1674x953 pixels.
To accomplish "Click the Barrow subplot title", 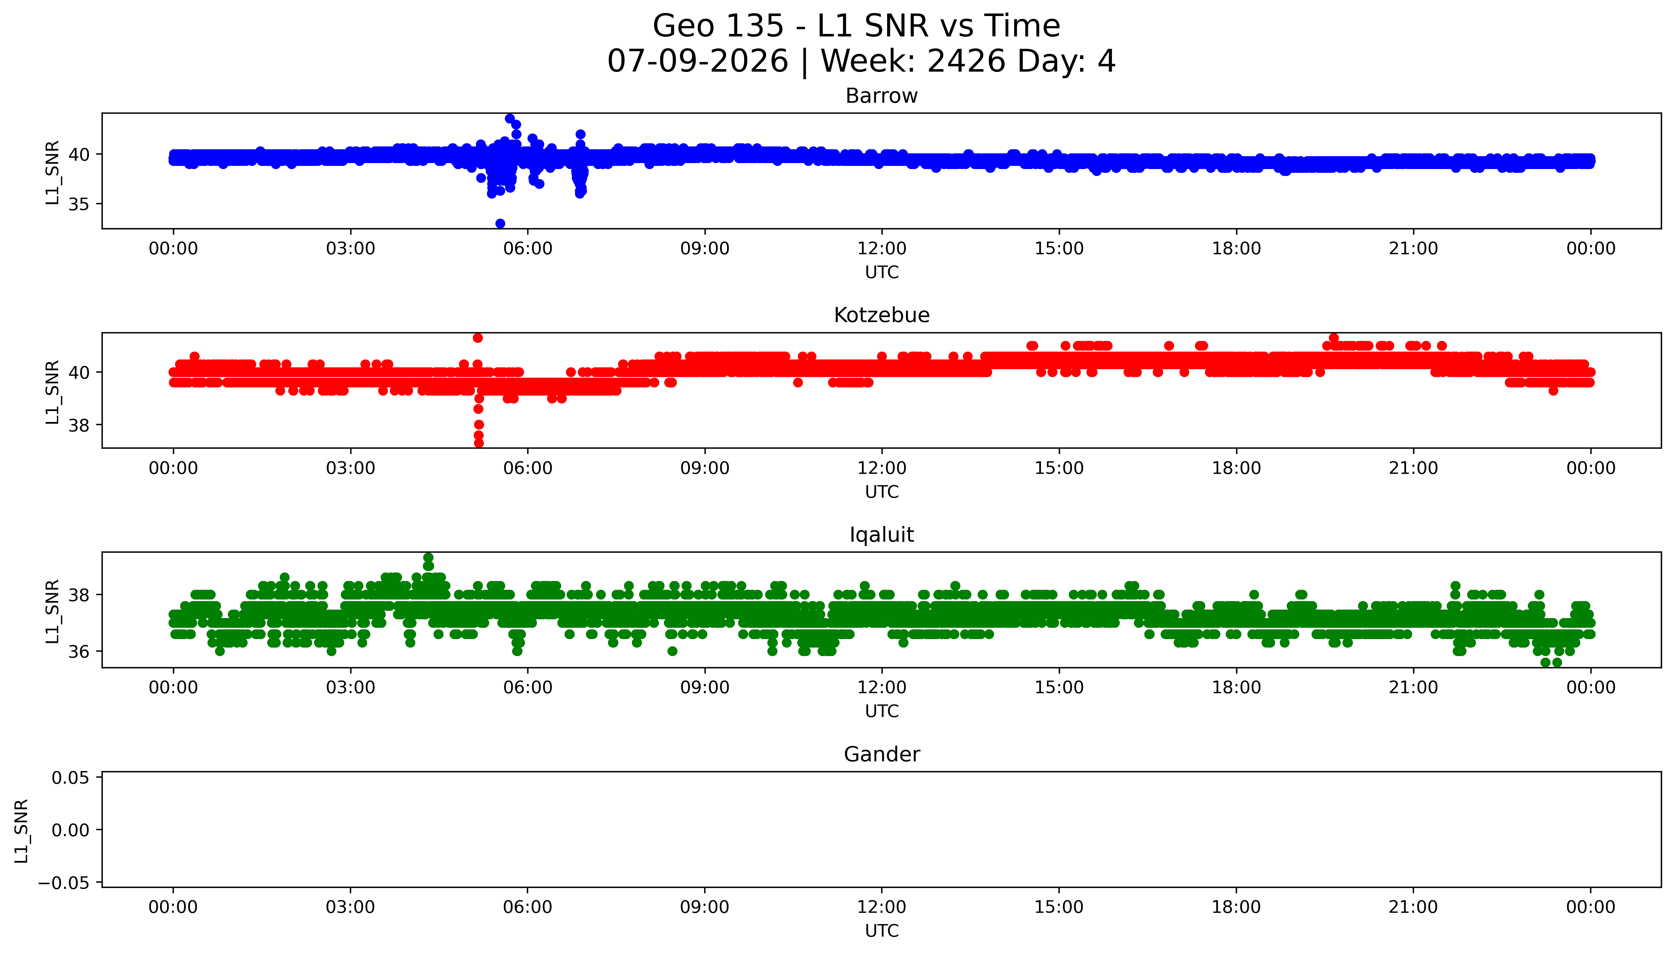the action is pyautogui.click(x=881, y=96).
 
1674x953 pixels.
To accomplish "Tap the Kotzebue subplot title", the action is pyautogui.click(x=881, y=315).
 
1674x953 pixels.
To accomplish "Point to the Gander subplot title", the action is pyautogui.click(x=881, y=755).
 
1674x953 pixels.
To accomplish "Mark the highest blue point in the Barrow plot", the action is pyautogui.click(x=509, y=118).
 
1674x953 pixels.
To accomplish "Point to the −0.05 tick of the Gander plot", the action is pyautogui.click(x=64, y=883).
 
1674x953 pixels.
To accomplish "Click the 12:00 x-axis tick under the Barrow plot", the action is pyautogui.click(x=882, y=249).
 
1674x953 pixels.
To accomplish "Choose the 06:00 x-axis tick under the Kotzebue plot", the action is pyautogui.click(x=528, y=469).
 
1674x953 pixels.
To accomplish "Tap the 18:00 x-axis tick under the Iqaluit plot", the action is pyautogui.click(x=1236, y=688).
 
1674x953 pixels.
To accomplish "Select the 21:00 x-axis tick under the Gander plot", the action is pyautogui.click(x=1413, y=907).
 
